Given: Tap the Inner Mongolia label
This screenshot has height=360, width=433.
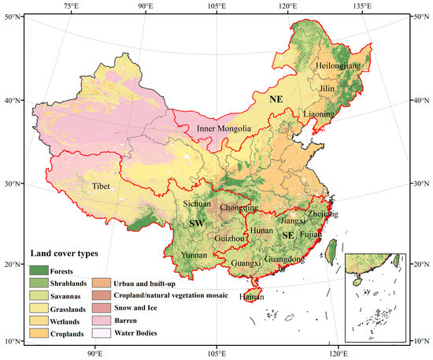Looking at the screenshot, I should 224,128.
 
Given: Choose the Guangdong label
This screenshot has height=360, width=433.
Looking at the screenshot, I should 286,259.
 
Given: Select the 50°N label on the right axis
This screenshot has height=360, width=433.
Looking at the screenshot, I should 422,17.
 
